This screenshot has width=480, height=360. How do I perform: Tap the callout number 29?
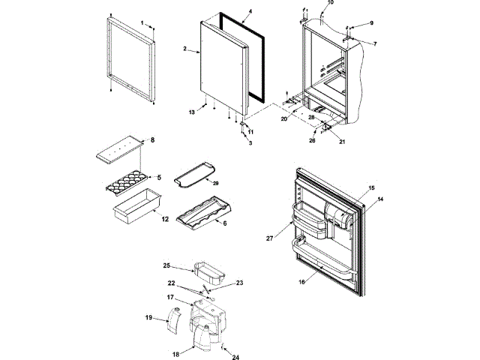click(x=215, y=183)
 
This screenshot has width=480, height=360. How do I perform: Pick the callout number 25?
click(x=168, y=265)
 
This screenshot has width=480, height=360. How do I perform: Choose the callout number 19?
click(x=148, y=318)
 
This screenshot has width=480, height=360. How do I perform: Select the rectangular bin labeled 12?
click(x=135, y=205)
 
